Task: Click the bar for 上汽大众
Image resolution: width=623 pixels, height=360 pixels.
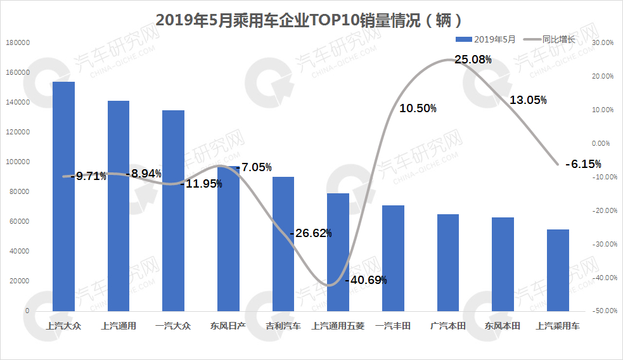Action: pos(63,196)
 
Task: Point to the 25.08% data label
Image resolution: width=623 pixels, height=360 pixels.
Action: pos(473,60)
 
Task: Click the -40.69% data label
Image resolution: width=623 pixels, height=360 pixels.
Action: pos(366,280)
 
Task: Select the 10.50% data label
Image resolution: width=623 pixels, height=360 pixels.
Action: pos(418,109)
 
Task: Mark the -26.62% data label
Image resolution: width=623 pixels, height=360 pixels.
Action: pos(311,233)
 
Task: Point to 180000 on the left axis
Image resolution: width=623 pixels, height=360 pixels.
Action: pos(18,42)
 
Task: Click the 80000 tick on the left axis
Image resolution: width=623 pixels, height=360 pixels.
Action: pos(20,191)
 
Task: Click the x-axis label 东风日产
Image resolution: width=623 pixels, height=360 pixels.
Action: pos(228,326)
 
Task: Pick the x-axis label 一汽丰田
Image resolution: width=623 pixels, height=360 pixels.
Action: pos(393,326)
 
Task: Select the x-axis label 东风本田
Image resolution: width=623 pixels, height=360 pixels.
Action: pos(503,326)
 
